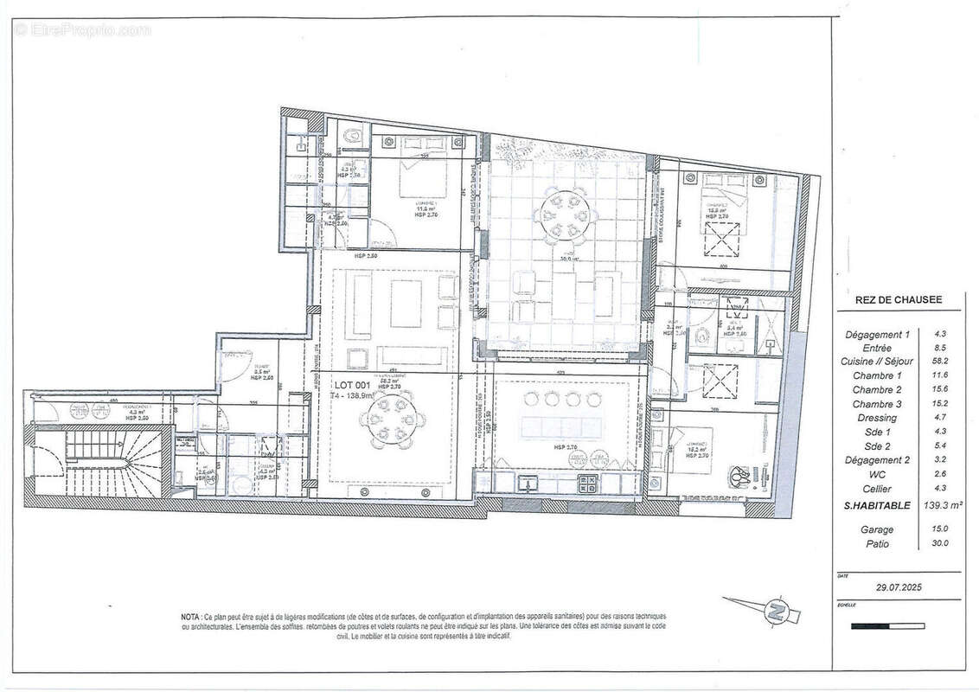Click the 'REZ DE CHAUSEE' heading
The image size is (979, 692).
pos(887,300)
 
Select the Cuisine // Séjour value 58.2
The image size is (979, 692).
pos(940,362)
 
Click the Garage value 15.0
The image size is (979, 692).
pos(940,529)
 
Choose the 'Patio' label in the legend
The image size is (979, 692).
pos(877,544)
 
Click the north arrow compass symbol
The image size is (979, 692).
pos(776,612)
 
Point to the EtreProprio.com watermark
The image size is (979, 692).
pos(82,29)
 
